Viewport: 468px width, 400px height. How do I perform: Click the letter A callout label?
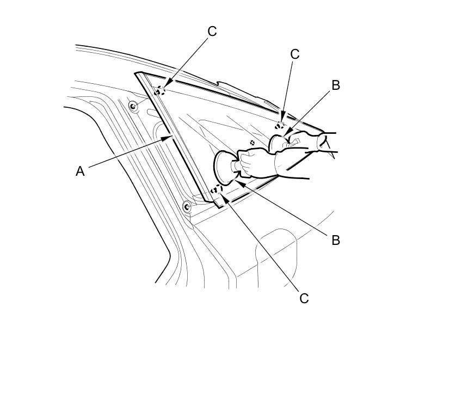click(80, 171)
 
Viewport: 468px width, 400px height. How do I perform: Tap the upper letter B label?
click(335, 85)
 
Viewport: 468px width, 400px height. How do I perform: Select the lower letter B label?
click(335, 240)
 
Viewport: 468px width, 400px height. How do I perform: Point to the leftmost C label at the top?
click(212, 32)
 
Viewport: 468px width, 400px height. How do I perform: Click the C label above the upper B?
click(294, 54)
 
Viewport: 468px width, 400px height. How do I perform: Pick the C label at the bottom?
click(304, 298)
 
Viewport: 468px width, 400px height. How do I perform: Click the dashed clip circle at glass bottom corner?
click(217, 190)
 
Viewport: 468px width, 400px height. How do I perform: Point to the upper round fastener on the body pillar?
click(133, 106)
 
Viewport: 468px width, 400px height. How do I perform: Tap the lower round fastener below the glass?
click(187, 206)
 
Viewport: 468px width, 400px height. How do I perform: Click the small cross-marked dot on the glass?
click(252, 143)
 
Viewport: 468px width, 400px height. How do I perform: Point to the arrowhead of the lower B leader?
click(238, 183)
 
